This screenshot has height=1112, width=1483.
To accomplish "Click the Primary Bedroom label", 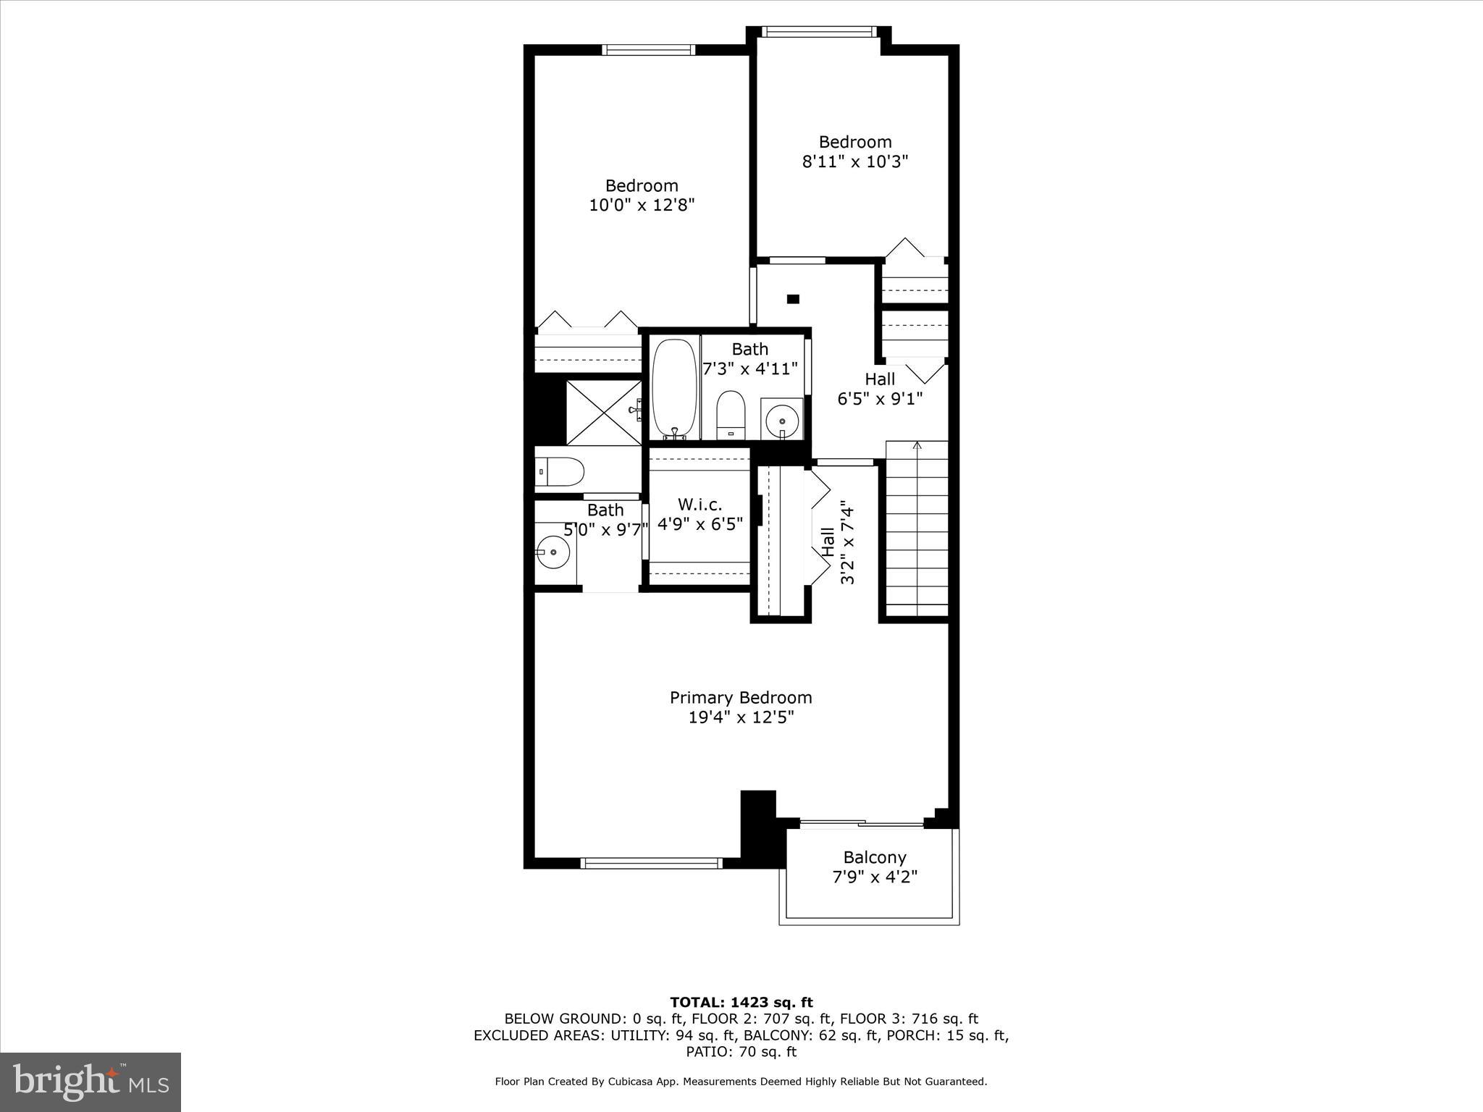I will tap(741, 698).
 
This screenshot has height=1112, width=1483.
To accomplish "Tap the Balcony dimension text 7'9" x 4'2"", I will tap(875, 877).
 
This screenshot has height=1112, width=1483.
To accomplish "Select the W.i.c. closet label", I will tap(700, 505).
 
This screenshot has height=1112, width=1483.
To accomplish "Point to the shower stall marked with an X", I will tap(603, 412).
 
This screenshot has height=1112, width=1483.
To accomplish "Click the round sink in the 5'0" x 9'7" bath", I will tap(554, 552).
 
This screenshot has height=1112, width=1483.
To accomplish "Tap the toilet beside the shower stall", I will tap(560, 472).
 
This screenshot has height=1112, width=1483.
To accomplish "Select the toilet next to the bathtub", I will tap(730, 415).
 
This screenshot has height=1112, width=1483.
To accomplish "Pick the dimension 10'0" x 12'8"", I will tap(642, 206).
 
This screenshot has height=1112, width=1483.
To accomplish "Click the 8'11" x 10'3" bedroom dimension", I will tap(854, 161).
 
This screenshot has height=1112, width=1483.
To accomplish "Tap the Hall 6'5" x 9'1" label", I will tap(880, 389).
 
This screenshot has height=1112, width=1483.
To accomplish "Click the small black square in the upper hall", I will tap(793, 298).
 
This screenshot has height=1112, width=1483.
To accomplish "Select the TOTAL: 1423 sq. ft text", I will tap(741, 1003).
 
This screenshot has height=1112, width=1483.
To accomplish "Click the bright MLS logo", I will tap(91, 1082).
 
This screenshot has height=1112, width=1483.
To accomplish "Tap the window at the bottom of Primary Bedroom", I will tap(652, 863).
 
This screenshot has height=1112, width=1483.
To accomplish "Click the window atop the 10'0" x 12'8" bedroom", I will tap(649, 50).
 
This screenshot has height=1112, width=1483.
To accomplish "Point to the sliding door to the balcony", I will tap(862, 823).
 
